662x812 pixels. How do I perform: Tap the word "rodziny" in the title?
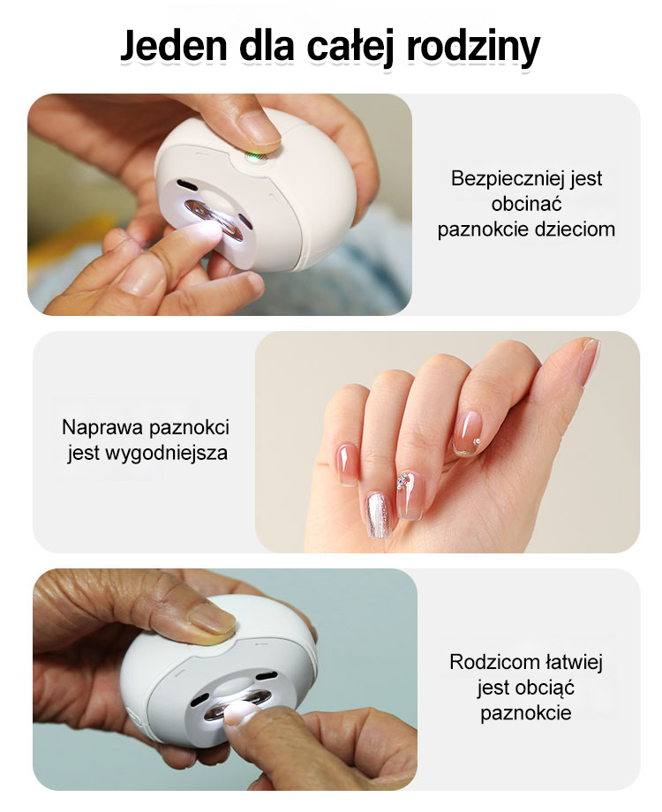pyautogui.click(x=473, y=49)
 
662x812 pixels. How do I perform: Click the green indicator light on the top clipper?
pyautogui.click(x=253, y=157)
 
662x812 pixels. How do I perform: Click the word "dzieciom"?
pyautogui.click(x=575, y=229)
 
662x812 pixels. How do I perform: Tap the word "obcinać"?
pyautogui.click(x=526, y=204)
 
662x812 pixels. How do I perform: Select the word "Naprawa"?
pyautogui.click(x=102, y=428)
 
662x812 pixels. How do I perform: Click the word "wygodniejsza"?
pyautogui.click(x=166, y=454)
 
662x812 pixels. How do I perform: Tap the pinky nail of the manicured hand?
pyautogui.click(x=345, y=464)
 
